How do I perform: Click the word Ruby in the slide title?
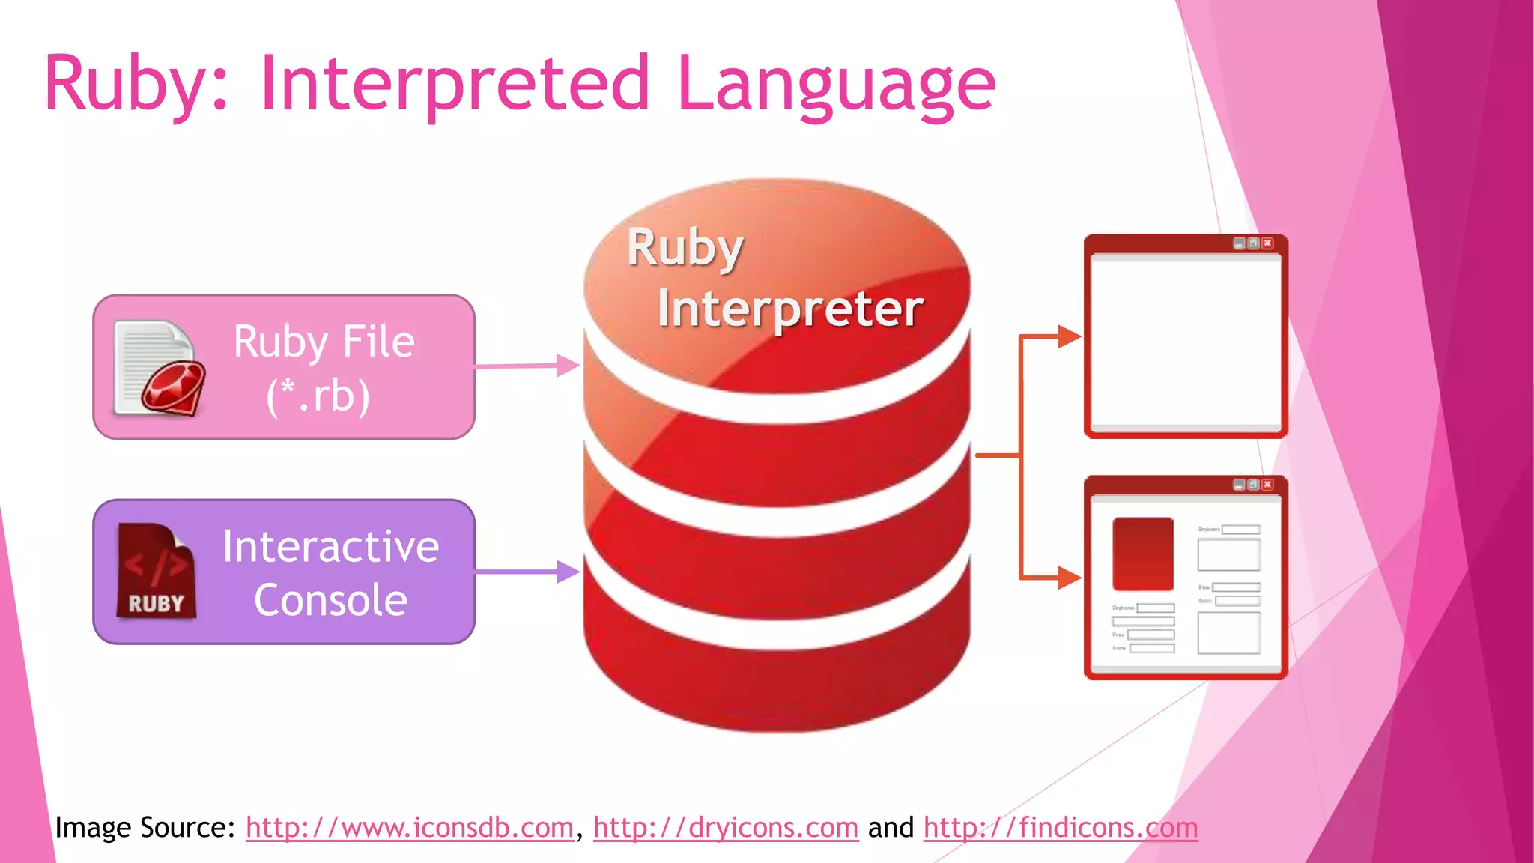click(123, 84)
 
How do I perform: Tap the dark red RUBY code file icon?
click(156, 571)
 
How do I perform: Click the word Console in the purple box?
click(330, 600)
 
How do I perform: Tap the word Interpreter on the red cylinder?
click(790, 309)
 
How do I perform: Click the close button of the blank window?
click(1267, 243)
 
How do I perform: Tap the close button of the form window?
click(1267, 485)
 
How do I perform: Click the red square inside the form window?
click(1143, 554)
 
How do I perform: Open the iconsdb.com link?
click(410, 828)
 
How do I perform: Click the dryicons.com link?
click(726, 828)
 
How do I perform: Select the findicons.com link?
click(1061, 828)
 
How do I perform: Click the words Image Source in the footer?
click(145, 828)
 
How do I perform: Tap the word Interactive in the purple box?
click(330, 546)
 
